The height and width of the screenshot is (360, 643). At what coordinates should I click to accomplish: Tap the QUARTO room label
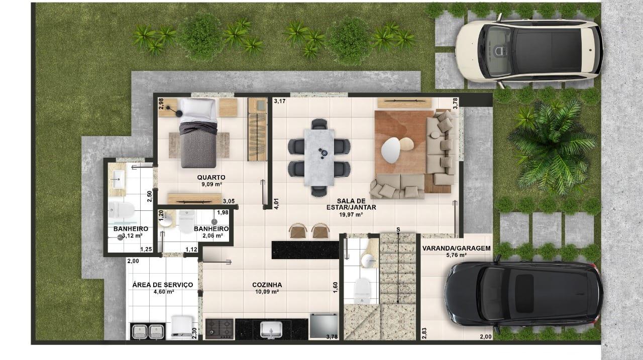211,177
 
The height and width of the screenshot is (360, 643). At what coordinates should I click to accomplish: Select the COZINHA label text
267,285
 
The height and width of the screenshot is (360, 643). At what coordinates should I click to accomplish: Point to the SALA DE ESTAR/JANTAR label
351,203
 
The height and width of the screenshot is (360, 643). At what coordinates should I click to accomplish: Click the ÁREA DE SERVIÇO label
162,285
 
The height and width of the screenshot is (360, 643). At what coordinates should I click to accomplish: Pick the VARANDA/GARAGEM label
456,248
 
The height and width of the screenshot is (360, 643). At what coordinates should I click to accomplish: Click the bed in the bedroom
198,133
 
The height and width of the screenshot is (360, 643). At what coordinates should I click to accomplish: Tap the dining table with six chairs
319,150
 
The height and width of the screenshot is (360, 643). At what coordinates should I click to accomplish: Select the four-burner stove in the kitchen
220,328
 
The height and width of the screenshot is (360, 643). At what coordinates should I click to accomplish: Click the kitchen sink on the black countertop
271,329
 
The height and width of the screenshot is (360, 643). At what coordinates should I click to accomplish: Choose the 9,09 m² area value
211,184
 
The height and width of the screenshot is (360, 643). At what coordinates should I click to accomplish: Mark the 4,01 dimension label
276,203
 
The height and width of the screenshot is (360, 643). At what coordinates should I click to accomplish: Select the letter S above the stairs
398,229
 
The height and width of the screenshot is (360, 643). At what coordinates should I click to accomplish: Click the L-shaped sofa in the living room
432,161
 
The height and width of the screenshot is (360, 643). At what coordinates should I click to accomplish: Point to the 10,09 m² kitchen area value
267,292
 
